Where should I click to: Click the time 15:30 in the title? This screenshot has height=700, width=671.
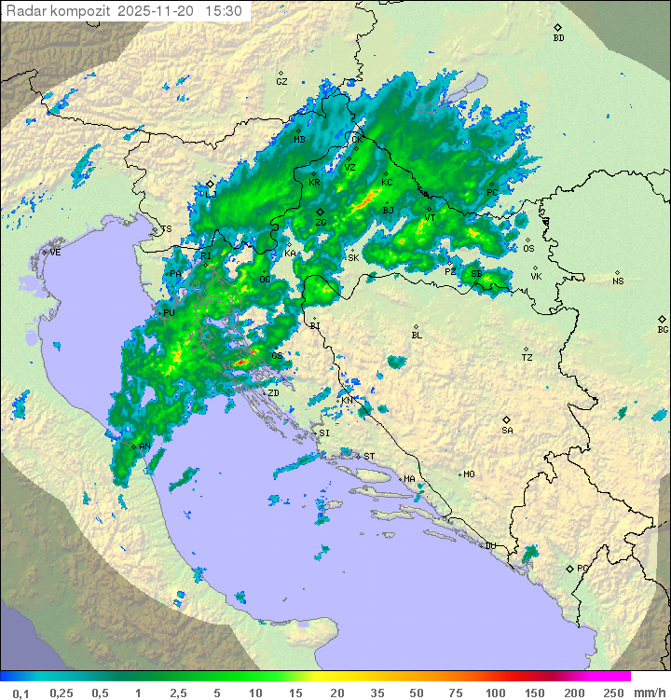point(225,11)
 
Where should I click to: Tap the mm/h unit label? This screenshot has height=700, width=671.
point(648,693)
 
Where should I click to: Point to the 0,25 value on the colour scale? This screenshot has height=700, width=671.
point(62,693)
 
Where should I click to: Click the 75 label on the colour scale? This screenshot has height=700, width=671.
point(455,693)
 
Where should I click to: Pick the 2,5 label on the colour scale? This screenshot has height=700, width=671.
point(177,693)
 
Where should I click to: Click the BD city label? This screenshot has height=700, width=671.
point(558,38)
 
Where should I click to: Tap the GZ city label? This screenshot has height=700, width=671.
point(281,81)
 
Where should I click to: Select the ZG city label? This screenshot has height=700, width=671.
point(321,223)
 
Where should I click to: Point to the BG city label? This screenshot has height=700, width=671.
point(663,329)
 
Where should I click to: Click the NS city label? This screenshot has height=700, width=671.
point(618,281)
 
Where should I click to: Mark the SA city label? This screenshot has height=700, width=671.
point(507,430)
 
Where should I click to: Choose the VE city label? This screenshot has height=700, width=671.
point(55,253)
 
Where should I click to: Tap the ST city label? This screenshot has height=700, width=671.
point(369,456)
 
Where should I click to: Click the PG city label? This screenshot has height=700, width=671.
point(582,568)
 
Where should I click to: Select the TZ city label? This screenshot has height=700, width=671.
point(527,357)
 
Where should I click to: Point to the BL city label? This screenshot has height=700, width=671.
point(417,335)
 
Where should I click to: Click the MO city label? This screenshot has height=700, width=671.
point(469,474)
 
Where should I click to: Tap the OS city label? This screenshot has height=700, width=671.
point(528,249)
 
